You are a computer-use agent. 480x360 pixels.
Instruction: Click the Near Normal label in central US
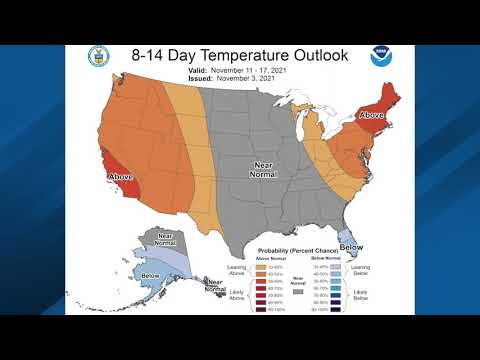(263, 171)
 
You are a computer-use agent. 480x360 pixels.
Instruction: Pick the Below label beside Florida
(350, 246)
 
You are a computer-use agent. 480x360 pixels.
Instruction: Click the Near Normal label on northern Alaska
(164, 241)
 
